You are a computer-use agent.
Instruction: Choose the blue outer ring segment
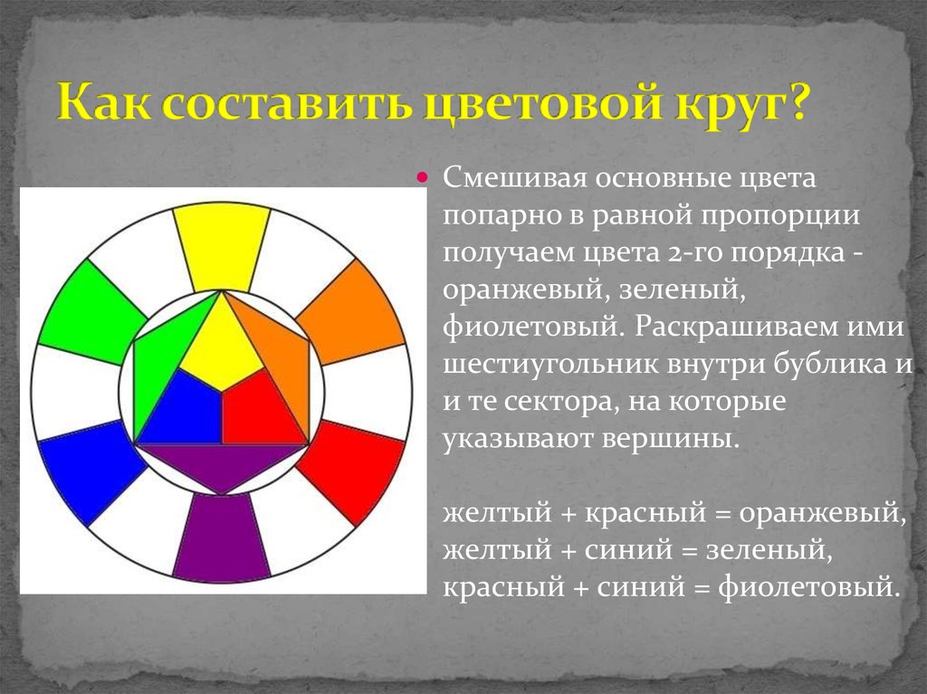point(91,470)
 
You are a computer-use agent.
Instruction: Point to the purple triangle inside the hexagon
point(221,464)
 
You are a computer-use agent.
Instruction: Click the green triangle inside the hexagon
point(159,361)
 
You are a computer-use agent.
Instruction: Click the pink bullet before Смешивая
point(422,176)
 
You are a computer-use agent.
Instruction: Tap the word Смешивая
point(514,178)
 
